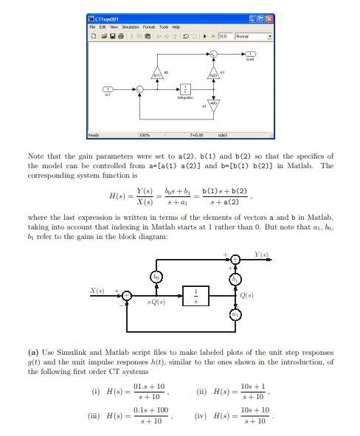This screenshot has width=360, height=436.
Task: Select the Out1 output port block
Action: point(250,54)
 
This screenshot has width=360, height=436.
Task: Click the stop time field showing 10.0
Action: point(223,35)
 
